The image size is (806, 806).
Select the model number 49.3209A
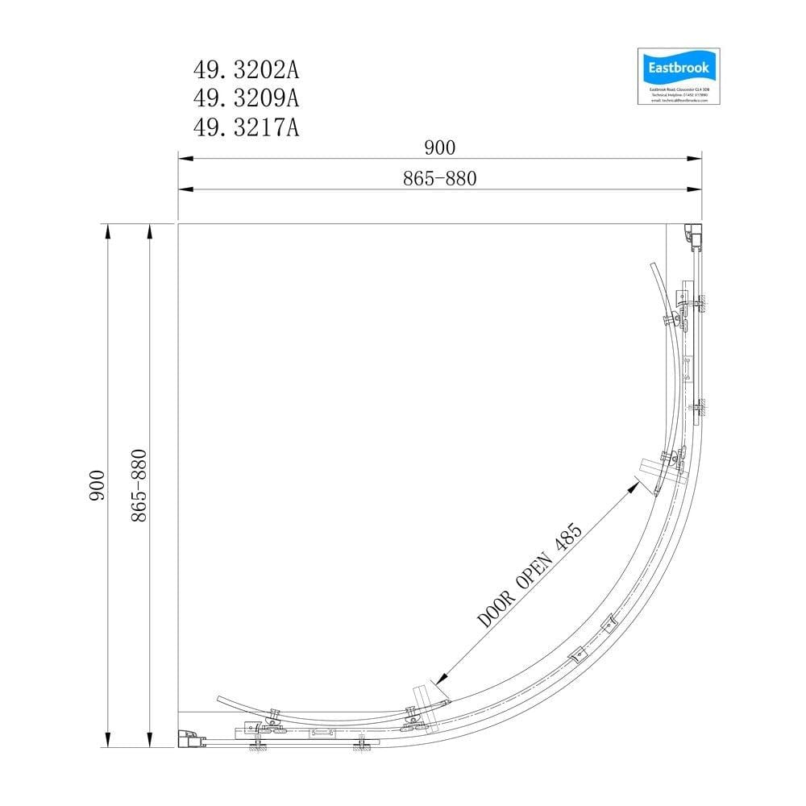[x=247, y=98]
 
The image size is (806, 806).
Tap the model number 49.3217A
[x=247, y=127]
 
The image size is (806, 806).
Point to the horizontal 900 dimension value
[x=440, y=147]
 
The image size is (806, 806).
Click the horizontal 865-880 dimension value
[x=440, y=178]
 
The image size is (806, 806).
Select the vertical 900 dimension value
[x=98, y=487]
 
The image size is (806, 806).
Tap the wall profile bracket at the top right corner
[x=692, y=237]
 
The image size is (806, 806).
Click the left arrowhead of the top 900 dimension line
[x=183, y=160]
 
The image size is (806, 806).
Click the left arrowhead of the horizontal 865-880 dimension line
[x=183, y=189]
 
